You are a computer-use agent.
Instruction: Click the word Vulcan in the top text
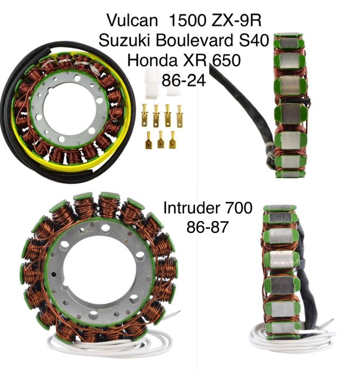tap(132, 20)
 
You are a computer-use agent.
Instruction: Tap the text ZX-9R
tap(236, 20)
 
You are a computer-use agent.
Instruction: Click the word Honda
tap(152, 60)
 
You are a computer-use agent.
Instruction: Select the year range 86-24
tap(184, 81)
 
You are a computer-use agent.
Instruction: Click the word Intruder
tap(191, 208)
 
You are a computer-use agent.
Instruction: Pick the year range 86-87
tap(207, 227)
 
